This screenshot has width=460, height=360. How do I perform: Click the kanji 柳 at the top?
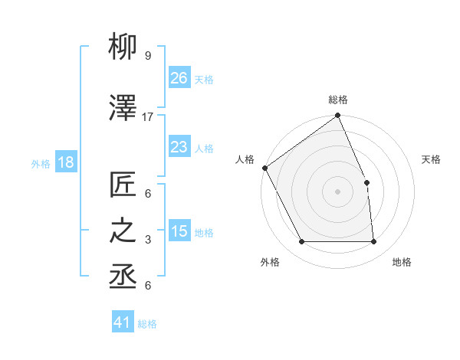[x=123, y=49]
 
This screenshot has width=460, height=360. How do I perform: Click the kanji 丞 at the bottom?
[x=123, y=278]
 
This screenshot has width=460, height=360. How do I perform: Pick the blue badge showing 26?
[x=179, y=78]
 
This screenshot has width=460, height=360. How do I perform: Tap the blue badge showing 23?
[x=179, y=147]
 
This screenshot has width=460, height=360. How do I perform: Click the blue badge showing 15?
[x=179, y=231]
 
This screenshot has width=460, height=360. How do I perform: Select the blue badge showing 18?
[x=65, y=162]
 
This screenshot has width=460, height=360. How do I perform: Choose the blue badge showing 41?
[x=123, y=322]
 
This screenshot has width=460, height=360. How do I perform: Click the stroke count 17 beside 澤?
[x=148, y=116]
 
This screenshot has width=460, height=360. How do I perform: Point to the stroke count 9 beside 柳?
[x=147, y=56]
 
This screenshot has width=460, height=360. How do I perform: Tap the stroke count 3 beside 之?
[x=147, y=240]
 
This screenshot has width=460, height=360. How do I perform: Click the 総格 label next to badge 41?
[x=147, y=324]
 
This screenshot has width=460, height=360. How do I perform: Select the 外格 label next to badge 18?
[x=41, y=163]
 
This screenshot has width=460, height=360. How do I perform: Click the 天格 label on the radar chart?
[x=432, y=159]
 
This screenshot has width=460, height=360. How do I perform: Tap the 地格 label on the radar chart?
[x=402, y=262]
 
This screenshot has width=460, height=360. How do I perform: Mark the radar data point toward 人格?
[x=264, y=168]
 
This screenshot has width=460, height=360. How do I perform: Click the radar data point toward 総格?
[x=337, y=116]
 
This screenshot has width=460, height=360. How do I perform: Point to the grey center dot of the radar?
[x=337, y=191]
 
